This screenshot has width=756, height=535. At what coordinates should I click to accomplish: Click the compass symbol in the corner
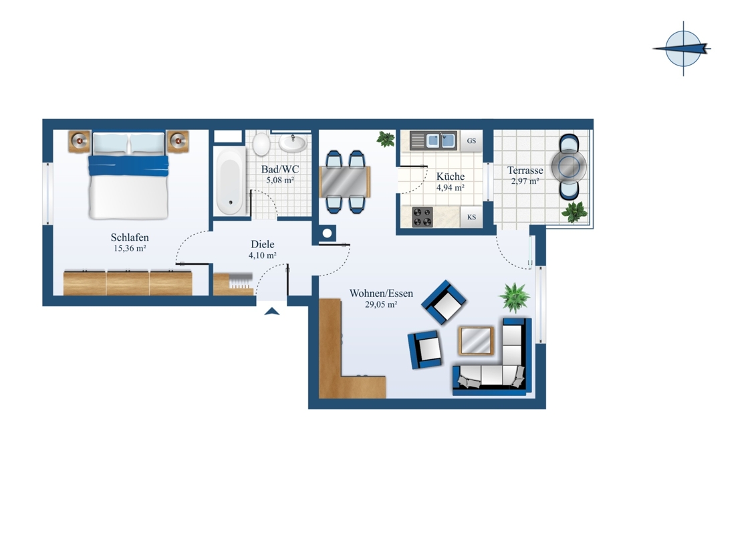[x=682, y=48]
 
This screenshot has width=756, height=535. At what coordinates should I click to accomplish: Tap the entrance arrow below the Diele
[x=272, y=311]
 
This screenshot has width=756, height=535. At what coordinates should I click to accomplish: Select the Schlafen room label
[x=130, y=237]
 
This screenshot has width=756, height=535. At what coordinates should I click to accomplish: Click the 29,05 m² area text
[x=381, y=304]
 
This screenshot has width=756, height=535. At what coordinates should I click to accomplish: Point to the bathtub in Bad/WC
[x=229, y=180]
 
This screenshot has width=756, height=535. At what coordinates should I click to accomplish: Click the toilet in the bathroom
[x=261, y=143]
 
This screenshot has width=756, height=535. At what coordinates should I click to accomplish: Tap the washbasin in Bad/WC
[x=293, y=143]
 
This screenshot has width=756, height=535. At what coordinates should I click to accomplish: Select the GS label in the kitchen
[x=471, y=141]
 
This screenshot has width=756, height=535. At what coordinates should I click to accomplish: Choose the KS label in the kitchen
[x=471, y=217]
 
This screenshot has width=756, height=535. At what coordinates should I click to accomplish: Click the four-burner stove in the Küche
[x=422, y=217]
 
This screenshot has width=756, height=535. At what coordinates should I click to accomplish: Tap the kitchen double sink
[x=433, y=140]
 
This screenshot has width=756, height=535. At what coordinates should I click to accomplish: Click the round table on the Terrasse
[x=569, y=166]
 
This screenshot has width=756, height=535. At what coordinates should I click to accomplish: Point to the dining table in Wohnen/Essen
[x=345, y=181]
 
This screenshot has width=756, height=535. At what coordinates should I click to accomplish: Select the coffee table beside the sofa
[x=476, y=340]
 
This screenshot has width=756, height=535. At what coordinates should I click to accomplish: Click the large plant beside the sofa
[x=515, y=298]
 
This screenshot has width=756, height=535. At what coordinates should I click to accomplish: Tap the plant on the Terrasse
[x=574, y=212]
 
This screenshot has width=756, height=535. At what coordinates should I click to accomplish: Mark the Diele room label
[x=262, y=244]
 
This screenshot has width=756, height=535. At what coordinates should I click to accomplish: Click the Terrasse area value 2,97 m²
[x=525, y=181]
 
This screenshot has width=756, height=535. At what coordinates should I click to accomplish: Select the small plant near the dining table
[x=386, y=139]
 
